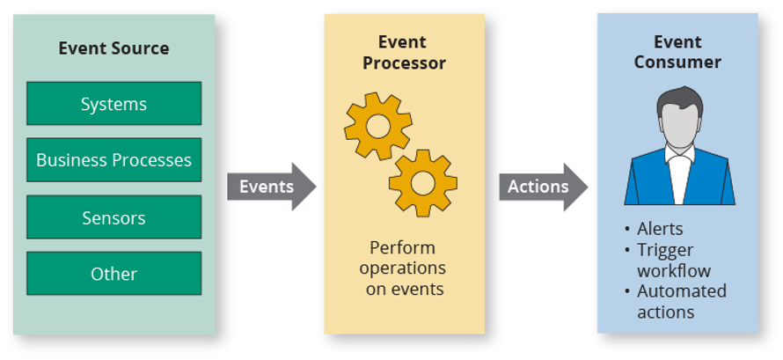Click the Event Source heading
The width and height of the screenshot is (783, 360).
113,48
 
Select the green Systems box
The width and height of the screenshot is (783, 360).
113,104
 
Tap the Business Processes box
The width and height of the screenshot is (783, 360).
113,160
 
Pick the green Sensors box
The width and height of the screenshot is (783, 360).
113,217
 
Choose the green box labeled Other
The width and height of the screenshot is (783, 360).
113,274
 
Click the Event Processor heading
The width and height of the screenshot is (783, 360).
404,53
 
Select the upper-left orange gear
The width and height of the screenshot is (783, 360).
377,126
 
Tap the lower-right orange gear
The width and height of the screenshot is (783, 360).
423,182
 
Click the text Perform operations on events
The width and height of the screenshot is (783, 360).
403,268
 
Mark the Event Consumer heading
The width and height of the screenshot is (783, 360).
677,53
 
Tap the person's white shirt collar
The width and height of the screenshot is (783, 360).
678,158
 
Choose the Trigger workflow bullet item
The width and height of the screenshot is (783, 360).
673,261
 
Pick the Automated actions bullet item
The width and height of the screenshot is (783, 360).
680,301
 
